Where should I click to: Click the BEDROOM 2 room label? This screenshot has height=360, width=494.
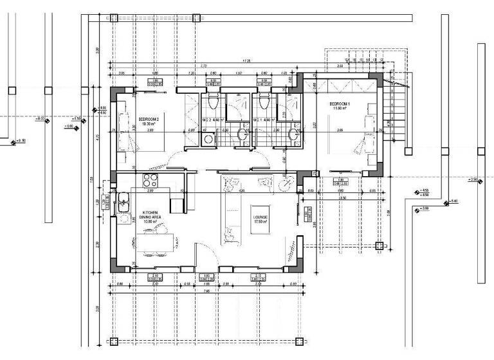tap(149, 119)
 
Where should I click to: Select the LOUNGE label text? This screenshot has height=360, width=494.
tap(260, 217)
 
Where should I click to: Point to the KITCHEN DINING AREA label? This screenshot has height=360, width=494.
tap(151, 215)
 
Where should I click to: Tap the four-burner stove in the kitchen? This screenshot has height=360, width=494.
tap(150, 179)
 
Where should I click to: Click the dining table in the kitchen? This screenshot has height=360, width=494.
tap(154, 243)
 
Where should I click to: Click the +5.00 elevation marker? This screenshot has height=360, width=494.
tap(453, 202)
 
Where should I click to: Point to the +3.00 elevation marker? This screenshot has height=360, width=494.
tap(423, 209)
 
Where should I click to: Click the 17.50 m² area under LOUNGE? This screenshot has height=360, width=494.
tap(260, 222)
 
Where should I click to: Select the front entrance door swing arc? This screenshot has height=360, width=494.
tap(203, 254)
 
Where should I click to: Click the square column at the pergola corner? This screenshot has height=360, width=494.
tap(379, 245)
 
